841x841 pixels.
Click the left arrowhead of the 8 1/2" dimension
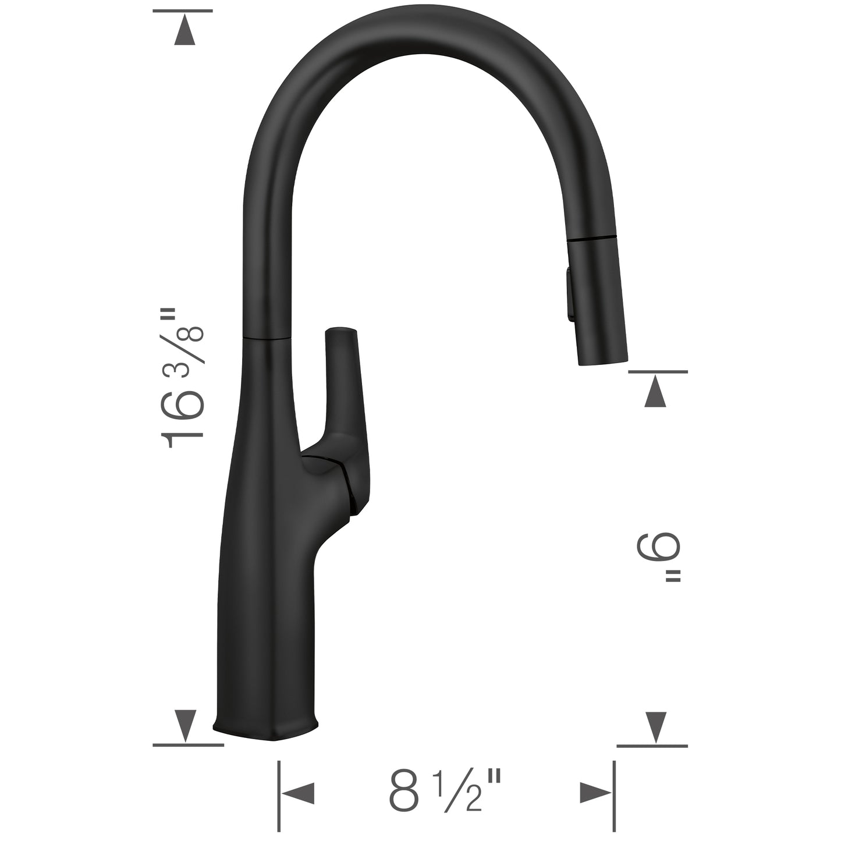298,793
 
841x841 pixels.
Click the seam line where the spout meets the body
266,337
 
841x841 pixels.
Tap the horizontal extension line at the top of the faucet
183,10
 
